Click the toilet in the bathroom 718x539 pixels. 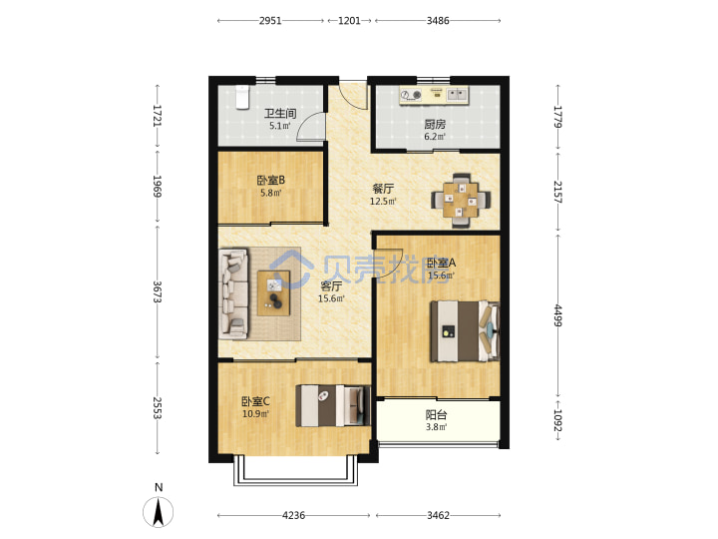coord(242,97)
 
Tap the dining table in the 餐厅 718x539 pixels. coord(461,201)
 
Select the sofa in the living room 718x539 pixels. coord(233,293)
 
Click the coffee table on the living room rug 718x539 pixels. coord(274,292)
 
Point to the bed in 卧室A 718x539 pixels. coord(465,331)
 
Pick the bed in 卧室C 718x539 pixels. coord(333,405)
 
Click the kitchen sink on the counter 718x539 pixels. coord(457,95)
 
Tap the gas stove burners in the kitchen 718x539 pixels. coord(411,95)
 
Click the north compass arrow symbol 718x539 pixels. coord(159,511)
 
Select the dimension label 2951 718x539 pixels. coord(270,21)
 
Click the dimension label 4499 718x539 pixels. coord(557,315)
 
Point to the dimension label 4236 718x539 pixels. coord(293,516)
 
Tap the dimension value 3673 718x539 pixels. coord(158,291)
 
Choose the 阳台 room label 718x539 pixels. coord(436,415)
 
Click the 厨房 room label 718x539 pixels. coord(435,124)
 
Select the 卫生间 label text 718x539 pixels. coord(280,113)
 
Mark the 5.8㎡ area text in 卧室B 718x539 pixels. coord(270,193)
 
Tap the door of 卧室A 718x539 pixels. coord(389,264)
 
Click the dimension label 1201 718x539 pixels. coord(349,21)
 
